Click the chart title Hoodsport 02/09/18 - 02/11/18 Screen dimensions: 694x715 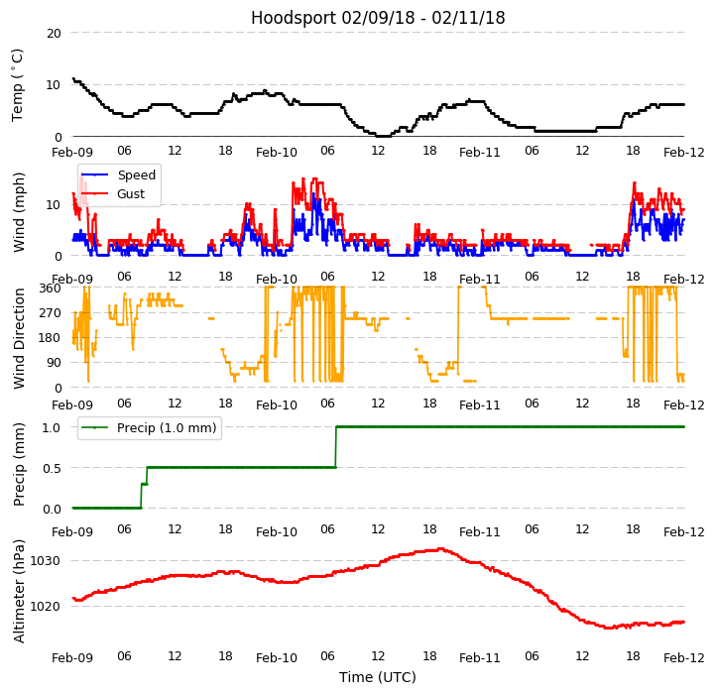coord(378,18)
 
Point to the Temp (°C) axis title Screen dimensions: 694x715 coord(18,84)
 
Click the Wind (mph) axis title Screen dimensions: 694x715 coord(19,211)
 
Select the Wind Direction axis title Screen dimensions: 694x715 coord(19,338)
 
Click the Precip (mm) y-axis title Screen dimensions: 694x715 coord(19,464)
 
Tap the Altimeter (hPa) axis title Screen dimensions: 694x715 coord(19,591)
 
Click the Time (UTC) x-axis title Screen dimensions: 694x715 coord(378,677)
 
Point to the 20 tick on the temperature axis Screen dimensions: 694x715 coord(53,33)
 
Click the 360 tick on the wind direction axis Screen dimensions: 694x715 coord(50,288)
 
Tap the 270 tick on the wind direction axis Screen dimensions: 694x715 coord(50,313)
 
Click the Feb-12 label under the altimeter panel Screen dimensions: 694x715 coord(684,657)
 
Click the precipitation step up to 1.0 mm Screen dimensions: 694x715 coord(335,446)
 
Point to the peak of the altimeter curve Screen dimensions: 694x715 coord(439,548)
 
